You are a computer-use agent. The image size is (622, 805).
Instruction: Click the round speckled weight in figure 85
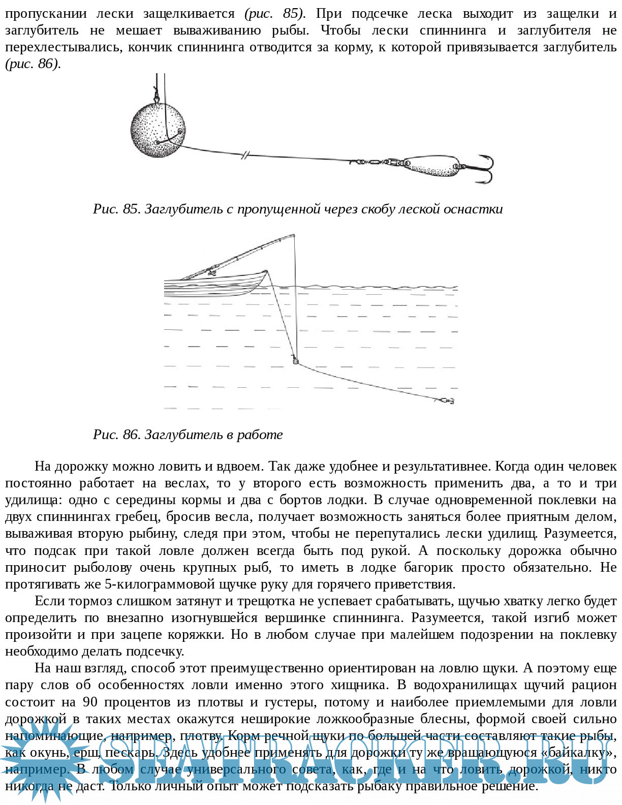(x=158, y=130)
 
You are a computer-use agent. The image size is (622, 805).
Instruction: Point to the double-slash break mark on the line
(x=245, y=154)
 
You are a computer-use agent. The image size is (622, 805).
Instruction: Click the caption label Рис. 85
(x=116, y=209)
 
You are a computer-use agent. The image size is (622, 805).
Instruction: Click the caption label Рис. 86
(x=116, y=435)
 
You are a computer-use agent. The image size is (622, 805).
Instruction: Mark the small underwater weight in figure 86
(x=295, y=361)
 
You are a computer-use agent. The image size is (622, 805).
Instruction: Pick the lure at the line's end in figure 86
(x=445, y=401)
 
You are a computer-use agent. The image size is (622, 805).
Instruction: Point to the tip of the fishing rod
(x=294, y=235)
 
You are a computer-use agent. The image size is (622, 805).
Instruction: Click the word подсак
(x=55, y=550)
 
